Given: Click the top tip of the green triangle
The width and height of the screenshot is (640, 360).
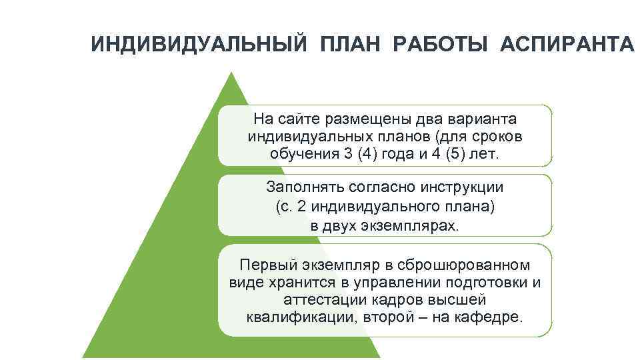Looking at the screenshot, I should pyautogui.click(x=231, y=74).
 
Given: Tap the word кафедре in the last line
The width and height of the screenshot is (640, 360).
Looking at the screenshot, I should pyautogui.click(x=487, y=317).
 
